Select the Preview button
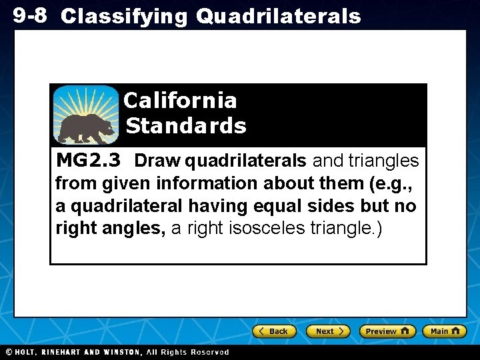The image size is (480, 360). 387,331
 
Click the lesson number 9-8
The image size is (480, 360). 30,15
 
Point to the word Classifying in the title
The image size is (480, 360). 125,16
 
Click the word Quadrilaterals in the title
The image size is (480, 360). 278,16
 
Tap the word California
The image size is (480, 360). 180,101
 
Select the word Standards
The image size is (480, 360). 186,125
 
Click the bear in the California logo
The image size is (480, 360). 85,128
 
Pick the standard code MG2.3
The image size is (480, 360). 89,161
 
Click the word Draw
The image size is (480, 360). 158,161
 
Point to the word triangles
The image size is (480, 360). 384,161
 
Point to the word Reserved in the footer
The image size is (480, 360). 210,352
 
